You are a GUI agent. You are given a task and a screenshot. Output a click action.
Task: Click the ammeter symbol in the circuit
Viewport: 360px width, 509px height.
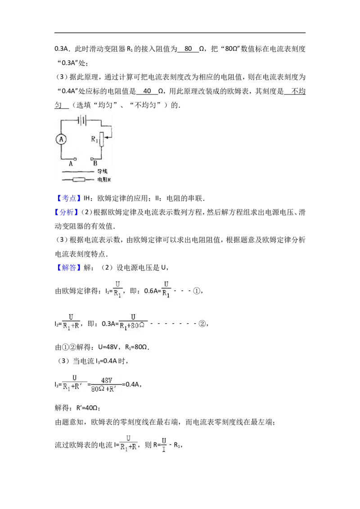61,139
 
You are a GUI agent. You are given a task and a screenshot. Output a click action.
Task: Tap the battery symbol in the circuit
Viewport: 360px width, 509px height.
82,121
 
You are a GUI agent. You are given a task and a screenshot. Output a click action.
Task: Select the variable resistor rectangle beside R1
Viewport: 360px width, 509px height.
101,139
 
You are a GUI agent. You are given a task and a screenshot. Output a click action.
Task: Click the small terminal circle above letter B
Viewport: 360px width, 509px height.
92,159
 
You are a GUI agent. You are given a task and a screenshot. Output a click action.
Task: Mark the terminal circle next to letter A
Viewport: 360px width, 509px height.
75,159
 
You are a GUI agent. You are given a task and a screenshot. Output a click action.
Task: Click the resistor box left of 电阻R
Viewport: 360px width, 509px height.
79,179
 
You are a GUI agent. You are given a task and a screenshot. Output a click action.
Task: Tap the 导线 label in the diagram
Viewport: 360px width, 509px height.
102,171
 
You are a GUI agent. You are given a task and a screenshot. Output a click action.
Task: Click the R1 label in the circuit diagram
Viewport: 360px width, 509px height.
94,139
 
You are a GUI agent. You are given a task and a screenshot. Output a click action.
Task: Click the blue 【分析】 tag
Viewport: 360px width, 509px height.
67,212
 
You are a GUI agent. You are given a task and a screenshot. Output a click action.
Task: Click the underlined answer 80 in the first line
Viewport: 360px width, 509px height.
188,49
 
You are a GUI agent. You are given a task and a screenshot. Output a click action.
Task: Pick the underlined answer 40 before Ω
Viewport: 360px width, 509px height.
147,91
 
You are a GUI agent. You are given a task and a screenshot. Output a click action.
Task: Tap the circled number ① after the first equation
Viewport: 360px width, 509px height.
197,291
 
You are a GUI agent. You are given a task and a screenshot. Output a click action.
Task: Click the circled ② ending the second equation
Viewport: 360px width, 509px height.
202,324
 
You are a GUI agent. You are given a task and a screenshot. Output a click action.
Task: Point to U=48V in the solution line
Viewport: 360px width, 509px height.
108,347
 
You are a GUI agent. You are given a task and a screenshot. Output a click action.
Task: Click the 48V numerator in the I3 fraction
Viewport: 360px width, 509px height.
107,380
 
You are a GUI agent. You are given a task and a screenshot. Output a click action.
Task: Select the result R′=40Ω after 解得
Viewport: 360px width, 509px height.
88,408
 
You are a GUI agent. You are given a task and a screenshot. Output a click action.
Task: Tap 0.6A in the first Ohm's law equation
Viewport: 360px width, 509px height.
151,291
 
